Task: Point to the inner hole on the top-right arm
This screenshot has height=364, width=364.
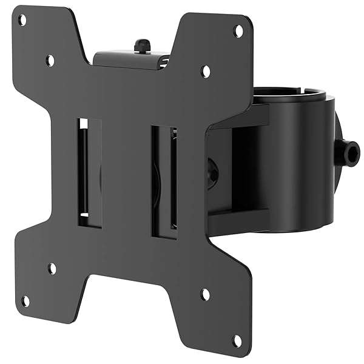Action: pyautogui.click(x=206, y=70)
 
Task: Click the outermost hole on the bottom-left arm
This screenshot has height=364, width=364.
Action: pyautogui.click(x=25, y=301)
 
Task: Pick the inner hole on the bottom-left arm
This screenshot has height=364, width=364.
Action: pyautogui.click(x=52, y=268)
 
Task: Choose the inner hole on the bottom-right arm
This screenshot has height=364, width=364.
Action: pyautogui.click(x=205, y=295)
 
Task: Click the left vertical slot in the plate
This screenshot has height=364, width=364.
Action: pyautogui.click(x=89, y=173)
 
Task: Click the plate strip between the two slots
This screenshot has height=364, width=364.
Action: pyautogui.click(x=126, y=176)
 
